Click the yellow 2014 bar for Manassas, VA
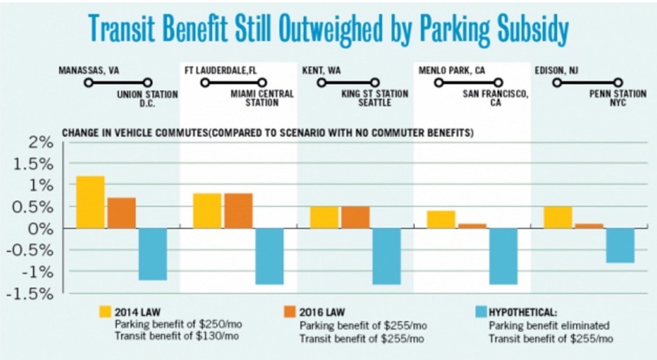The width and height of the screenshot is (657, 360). [x=90, y=202]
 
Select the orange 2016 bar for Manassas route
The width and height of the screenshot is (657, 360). [x=122, y=213]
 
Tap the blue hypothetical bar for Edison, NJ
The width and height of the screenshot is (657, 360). [x=620, y=245]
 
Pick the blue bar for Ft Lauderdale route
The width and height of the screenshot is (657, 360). [x=269, y=256]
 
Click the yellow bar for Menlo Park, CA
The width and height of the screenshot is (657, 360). [x=441, y=219]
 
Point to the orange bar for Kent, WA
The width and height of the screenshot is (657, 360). [x=355, y=217]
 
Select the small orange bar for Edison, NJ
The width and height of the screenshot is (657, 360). [x=589, y=226]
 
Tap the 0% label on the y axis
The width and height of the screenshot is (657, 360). [x=43, y=229]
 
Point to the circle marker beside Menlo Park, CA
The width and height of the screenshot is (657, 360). [x=440, y=82]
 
